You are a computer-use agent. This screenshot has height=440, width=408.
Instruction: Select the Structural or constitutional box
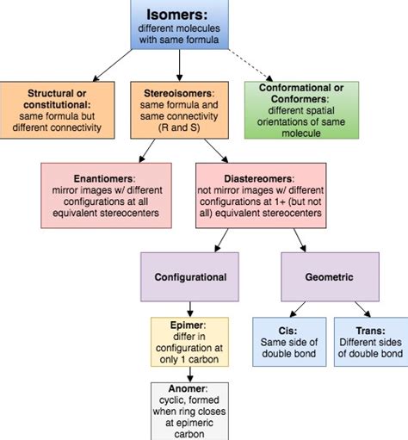(x=58, y=109)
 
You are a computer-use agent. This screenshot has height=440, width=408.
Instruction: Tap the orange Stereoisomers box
(x=179, y=109)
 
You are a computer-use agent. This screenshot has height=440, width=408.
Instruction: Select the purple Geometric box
(x=330, y=277)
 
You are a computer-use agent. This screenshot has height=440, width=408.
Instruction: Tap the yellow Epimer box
(x=179, y=342)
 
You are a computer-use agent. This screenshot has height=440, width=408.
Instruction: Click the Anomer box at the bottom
(x=179, y=410)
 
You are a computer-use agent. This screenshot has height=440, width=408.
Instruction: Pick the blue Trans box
(x=368, y=342)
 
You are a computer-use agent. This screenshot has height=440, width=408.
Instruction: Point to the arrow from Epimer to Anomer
(x=179, y=373)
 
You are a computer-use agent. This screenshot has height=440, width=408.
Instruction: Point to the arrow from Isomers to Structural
(x=103, y=64)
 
